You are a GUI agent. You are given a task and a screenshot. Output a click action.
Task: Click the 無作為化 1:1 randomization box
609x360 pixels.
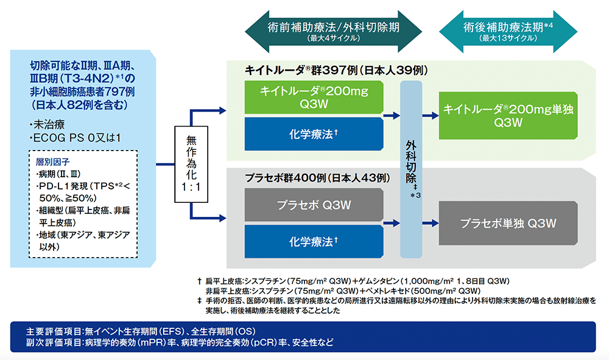coord(191,165)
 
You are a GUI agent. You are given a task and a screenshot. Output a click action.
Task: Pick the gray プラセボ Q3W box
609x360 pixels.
coord(313,203)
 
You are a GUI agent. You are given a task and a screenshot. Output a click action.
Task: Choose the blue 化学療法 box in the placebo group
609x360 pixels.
coord(313,242)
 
